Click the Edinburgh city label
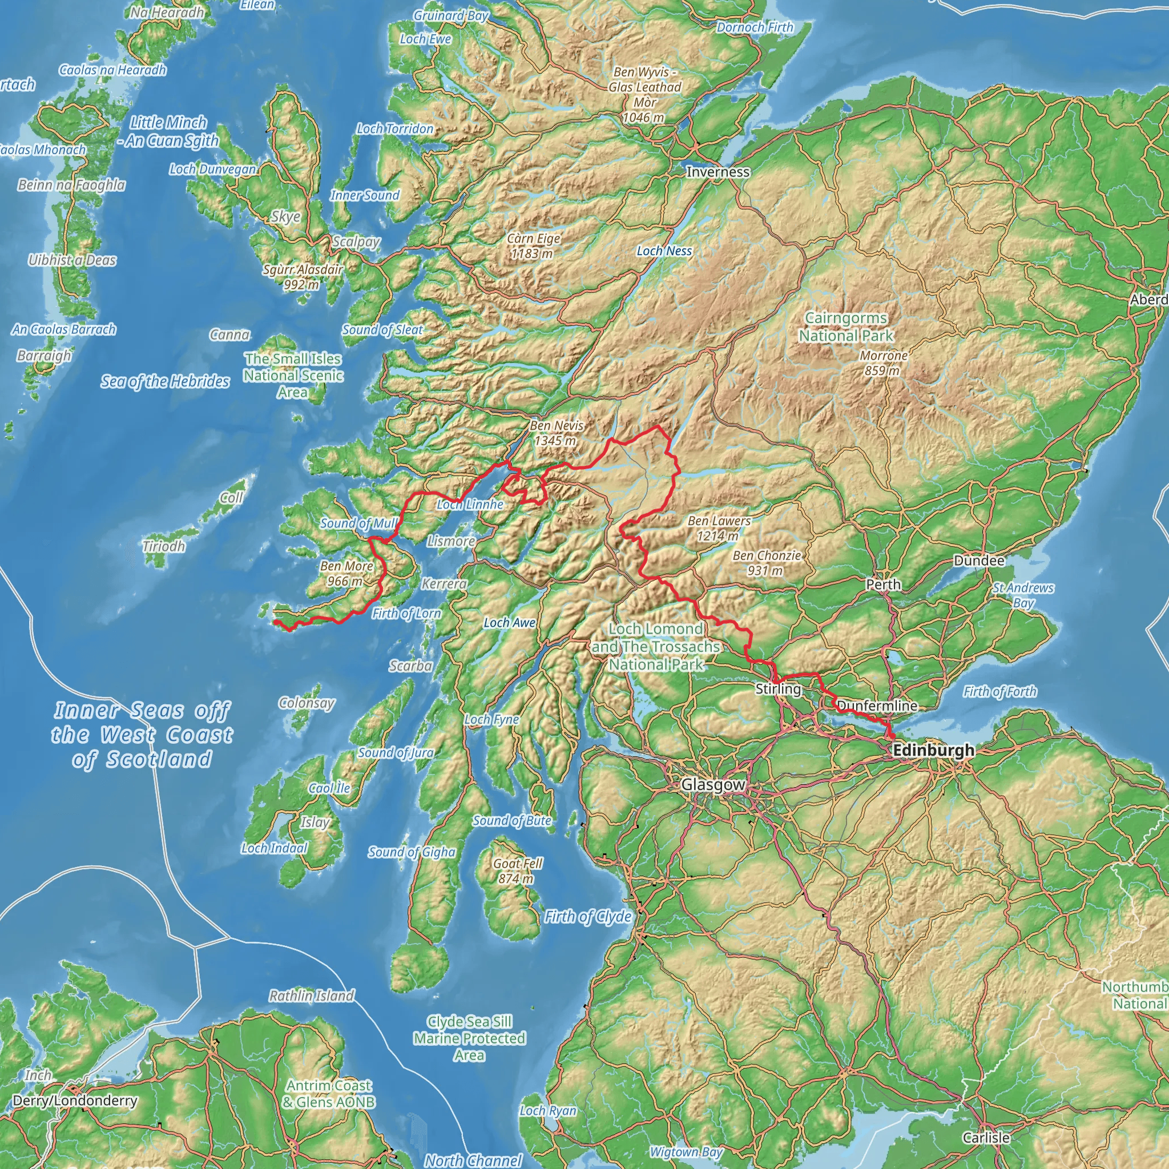coord(934,750)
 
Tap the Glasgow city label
coord(713,785)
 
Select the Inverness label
coord(717,172)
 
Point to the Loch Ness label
coord(664,251)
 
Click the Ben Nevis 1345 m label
coord(556,433)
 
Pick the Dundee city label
coord(979,561)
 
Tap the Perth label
coord(884,584)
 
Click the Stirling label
coord(778,688)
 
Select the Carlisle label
coord(986,1138)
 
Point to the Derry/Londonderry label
coord(75,1100)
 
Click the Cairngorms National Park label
coord(846,326)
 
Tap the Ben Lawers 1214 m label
coord(719,527)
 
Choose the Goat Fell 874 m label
coord(517,870)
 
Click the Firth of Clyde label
coord(587,917)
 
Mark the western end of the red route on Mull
coord(275,622)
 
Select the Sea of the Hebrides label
coord(165,381)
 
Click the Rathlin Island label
coord(312,995)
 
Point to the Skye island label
coord(285,216)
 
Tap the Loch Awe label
coord(510,623)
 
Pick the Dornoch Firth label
coord(755,27)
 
